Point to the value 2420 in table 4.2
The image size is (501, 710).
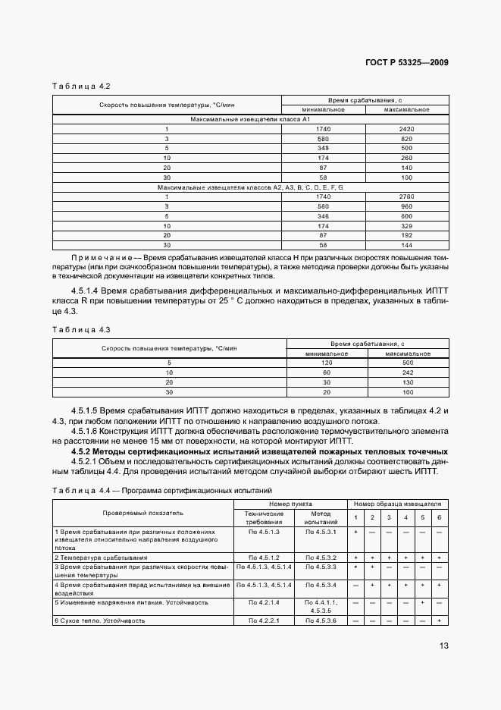coord(407,130)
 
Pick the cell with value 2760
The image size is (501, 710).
coord(407,196)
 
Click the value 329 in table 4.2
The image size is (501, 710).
coord(407,226)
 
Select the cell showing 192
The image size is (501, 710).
coord(407,236)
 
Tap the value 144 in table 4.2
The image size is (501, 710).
coord(407,246)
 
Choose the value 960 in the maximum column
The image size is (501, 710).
coord(407,206)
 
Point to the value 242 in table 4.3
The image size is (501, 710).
coord(408,373)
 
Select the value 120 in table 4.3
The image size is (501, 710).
coord(327,363)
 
